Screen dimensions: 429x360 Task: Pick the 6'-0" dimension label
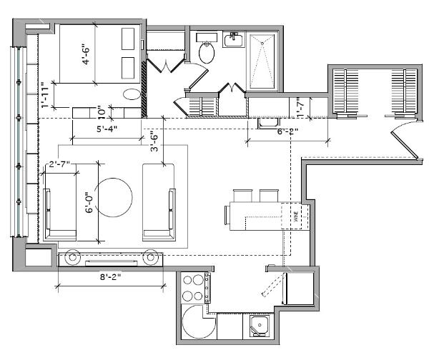89,201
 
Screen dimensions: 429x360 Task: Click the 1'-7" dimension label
301,108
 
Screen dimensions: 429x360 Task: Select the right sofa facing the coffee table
159,201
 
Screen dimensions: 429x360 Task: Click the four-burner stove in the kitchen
192,288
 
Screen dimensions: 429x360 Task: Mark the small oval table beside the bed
131,94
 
